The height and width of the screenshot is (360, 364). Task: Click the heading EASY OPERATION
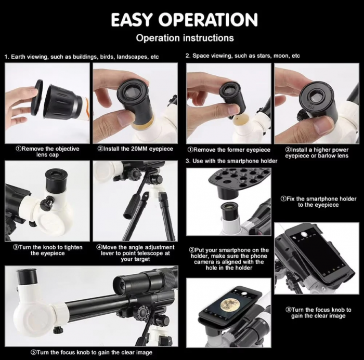184,20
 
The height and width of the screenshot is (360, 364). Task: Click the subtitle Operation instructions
185,38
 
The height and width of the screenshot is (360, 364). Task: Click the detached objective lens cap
37,97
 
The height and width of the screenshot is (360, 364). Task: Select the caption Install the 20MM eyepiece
135,149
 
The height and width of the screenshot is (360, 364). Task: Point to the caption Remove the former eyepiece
229,150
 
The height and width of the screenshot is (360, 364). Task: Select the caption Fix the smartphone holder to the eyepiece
318,202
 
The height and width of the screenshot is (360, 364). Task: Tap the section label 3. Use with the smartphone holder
231,161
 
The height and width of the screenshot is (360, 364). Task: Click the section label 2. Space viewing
243,56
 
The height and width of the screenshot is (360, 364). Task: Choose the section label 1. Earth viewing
82,57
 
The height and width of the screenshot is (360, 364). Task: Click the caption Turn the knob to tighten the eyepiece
48,250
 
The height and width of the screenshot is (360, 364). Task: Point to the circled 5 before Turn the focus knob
33,352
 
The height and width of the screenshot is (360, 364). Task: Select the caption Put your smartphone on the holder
229,259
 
